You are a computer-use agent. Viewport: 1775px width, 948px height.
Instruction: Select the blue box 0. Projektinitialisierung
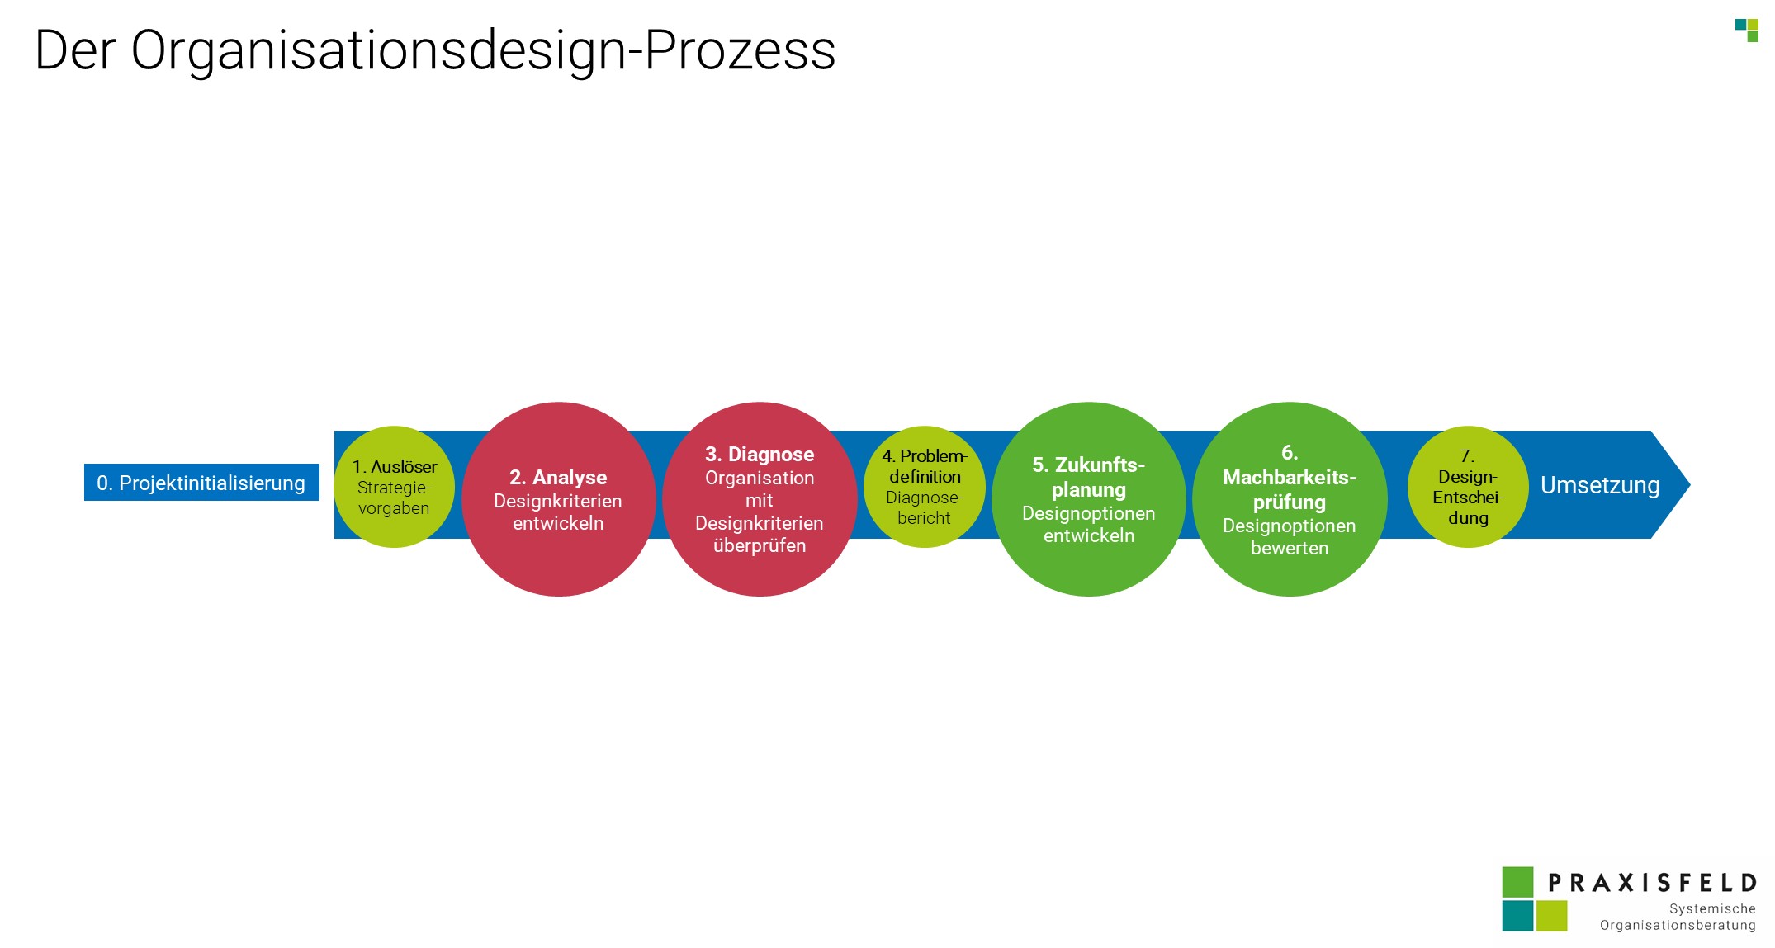pyautogui.click(x=201, y=483)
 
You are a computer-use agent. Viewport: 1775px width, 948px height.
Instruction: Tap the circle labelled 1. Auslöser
pyautogui.click(x=394, y=487)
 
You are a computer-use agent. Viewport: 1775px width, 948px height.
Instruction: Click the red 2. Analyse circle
pyautogui.click(x=559, y=499)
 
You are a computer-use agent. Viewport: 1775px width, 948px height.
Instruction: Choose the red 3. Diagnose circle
pyautogui.click(x=760, y=499)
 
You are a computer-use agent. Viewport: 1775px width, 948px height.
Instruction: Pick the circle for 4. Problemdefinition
pyautogui.click(x=925, y=487)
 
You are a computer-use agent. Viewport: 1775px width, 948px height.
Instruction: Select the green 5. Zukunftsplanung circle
pyautogui.click(x=1089, y=499)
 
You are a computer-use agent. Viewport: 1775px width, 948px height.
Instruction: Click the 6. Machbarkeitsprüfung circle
pyautogui.click(x=1290, y=499)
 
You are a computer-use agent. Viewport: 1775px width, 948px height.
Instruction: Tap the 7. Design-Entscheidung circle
pyautogui.click(x=1468, y=487)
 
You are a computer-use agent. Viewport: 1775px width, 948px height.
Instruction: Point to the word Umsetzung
pyautogui.click(x=1600, y=485)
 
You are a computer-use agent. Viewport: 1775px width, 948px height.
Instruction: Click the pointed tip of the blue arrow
pyautogui.click(x=1690, y=485)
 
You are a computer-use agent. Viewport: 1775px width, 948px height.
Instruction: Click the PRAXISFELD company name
pyautogui.click(x=1652, y=884)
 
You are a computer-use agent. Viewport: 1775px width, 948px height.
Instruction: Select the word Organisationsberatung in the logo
pyautogui.click(x=1678, y=926)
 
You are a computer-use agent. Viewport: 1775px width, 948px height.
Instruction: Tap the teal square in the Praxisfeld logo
pyautogui.click(x=1517, y=916)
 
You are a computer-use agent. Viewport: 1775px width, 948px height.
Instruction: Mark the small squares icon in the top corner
pyautogui.click(x=1747, y=30)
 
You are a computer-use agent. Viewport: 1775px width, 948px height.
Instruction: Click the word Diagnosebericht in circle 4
pyautogui.click(x=925, y=507)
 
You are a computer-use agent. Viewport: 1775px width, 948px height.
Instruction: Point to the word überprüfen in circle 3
pyautogui.click(x=760, y=545)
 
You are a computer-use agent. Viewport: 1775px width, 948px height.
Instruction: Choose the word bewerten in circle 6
pyautogui.click(x=1290, y=548)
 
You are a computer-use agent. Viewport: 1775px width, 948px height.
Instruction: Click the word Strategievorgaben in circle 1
pyautogui.click(x=394, y=498)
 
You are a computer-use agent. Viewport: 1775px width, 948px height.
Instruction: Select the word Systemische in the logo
pyautogui.click(x=1712, y=908)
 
